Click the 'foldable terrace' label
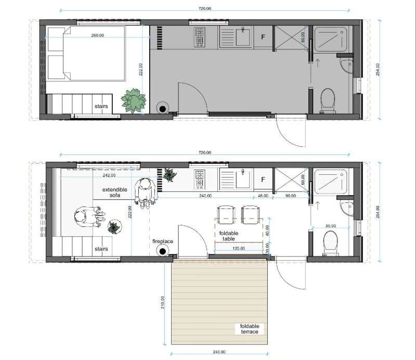click(x=250, y=329)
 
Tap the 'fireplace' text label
click(x=163, y=241)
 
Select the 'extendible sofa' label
click(x=114, y=192)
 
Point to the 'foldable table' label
click(x=229, y=236)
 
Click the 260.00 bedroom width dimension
click(x=98, y=35)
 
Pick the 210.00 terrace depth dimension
click(x=162, y=302)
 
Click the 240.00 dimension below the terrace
click(x=219, y=352)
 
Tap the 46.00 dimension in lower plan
click(x=263, y=196)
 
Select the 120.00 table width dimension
click(x=239, y=248)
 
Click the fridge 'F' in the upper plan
click(x=263, y=37)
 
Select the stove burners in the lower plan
click(x=200, y=179)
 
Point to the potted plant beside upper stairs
click(x=134, y=100)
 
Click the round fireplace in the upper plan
click(x=163, y=109)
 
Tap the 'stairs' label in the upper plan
click(x=101, y=106)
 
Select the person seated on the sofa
click(x=89, y=216)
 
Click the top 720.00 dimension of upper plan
click(x=205, y=8)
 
